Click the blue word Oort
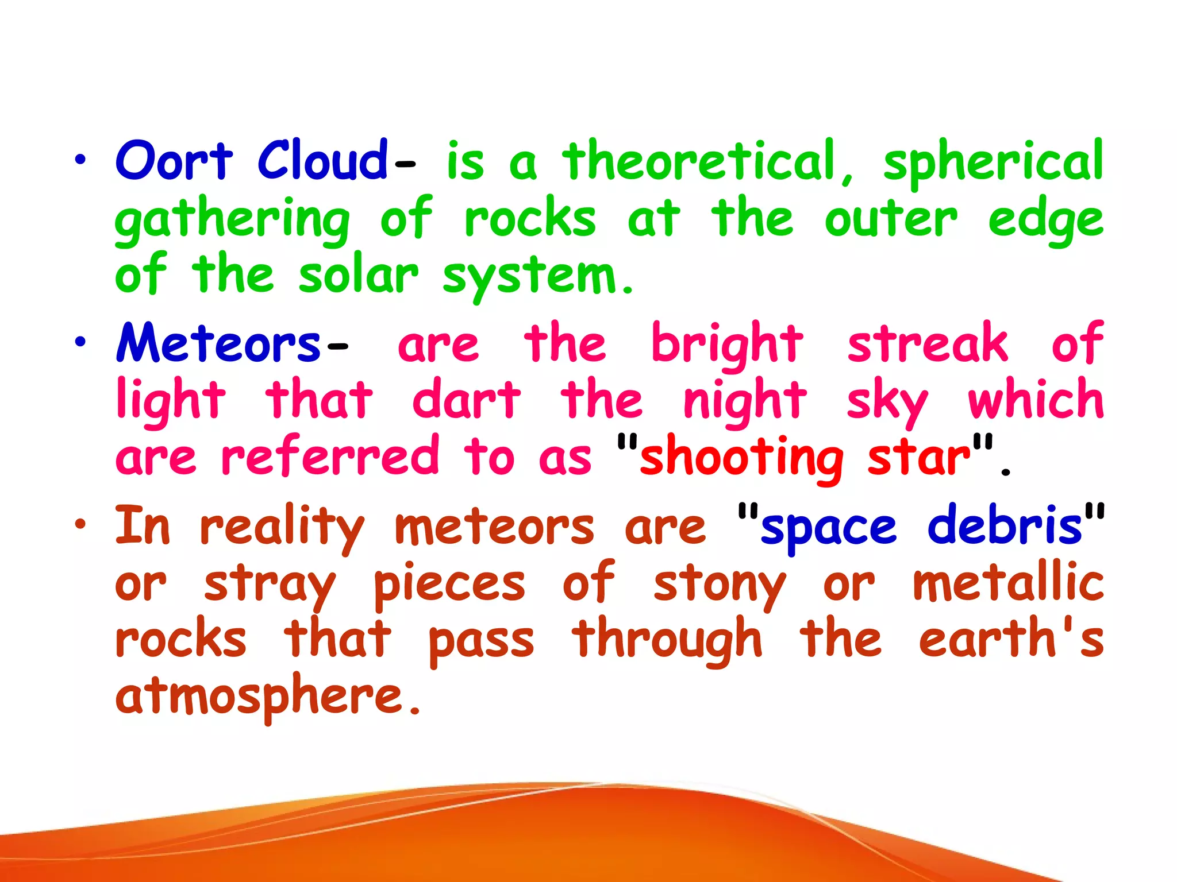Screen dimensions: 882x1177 174,161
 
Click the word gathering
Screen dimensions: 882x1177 232,221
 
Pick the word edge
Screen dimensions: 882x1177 1045,221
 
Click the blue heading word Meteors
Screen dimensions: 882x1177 218,343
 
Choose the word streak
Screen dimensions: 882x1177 928,343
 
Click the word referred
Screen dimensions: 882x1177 330,457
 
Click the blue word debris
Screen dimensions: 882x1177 1005,526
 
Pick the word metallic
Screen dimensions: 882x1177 1009,583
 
